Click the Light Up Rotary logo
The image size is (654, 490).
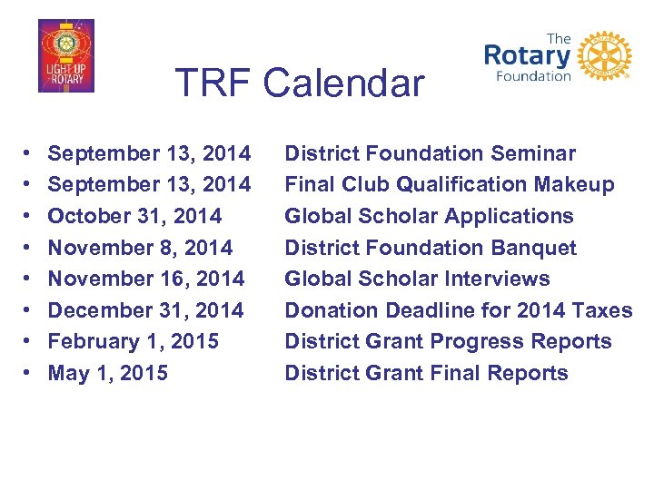[65, 56]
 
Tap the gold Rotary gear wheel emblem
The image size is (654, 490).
[604, 56]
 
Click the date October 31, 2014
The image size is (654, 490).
[134, 216]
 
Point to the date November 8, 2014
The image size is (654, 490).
[140, 248]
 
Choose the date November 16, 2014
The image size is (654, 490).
[145, 279]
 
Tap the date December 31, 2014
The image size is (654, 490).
[145, 310]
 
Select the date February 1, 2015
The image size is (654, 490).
[133, 341]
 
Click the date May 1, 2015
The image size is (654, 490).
[107, 373]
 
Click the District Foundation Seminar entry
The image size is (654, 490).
[430, 153]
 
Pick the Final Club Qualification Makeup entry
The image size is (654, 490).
[449, 185]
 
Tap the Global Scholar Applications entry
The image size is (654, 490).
[429, 216]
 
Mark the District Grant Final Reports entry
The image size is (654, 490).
[426, 373]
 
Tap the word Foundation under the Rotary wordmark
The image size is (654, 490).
[532, 76]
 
